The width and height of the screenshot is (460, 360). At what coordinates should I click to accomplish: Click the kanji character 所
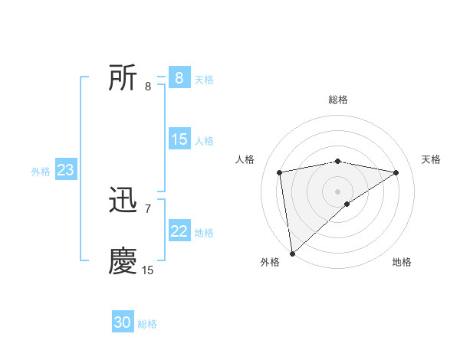click(123, 77)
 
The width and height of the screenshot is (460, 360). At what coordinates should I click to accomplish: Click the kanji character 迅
click(123, 201)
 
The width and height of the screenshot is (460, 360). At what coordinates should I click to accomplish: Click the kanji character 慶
click(123, 261)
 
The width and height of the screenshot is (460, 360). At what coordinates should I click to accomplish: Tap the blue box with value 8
click(179, 78)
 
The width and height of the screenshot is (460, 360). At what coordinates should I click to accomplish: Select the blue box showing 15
click(179, 139)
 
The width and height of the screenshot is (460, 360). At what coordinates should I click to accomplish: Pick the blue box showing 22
click(179, 231)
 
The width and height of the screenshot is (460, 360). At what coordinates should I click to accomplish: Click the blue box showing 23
click(65, 170)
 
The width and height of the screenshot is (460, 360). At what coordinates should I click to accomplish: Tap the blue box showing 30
click(123, 322)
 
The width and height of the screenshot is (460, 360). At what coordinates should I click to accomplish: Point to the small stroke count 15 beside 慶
click(148, 270)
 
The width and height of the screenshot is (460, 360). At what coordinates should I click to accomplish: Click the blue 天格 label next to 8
click(204, 79)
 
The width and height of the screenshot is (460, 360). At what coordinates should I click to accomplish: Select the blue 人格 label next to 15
click(204, 140)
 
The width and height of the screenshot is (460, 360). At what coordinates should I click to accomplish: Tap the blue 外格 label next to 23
click(41, 172)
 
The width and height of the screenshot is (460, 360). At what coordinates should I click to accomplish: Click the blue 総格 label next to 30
click(147, 324)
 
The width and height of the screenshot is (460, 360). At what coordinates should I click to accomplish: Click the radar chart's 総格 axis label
click(338, 100)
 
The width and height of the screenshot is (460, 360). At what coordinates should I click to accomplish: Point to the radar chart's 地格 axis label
click(402, 263)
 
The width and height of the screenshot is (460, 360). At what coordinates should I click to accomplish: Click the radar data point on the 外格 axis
click(293, 253)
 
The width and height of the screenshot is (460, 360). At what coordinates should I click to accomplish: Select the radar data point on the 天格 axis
click(396, 172)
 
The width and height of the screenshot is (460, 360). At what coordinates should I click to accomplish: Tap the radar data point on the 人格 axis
click(280, 172)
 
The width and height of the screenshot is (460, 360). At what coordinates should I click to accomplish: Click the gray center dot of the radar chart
click(338, 191)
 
